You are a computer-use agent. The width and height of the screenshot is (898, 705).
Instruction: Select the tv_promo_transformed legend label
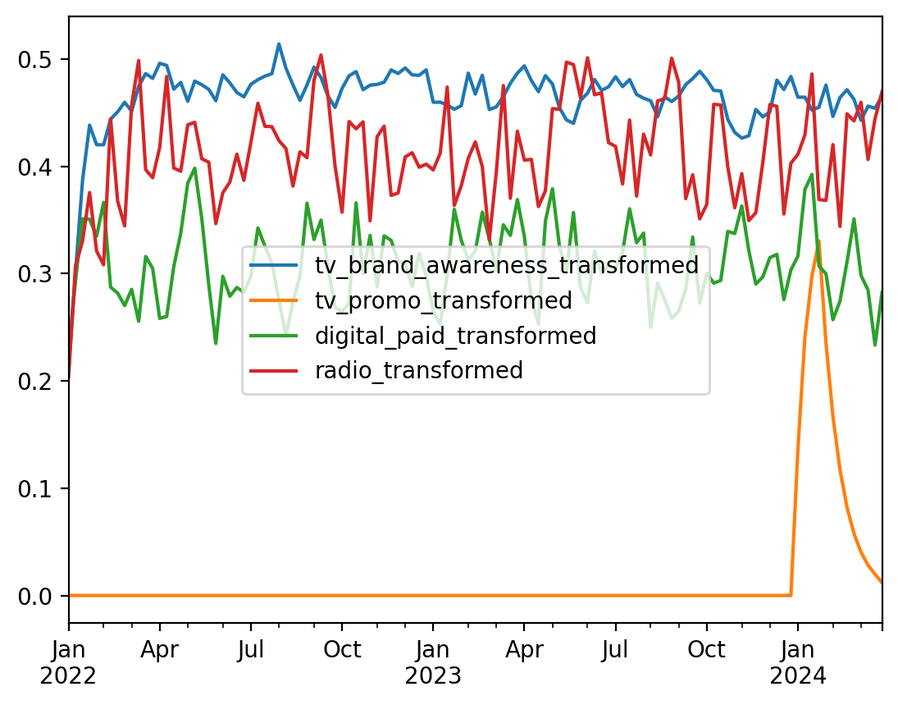444,300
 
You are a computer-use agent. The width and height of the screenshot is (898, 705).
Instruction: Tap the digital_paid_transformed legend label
456,336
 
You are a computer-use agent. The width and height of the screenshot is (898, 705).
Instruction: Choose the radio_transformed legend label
419,371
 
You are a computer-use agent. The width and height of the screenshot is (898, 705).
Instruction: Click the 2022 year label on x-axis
69,676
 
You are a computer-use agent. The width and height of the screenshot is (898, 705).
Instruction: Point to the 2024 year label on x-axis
797,676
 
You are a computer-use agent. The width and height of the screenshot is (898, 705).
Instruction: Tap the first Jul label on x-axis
251,650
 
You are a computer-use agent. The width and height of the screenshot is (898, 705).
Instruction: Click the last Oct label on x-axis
706,650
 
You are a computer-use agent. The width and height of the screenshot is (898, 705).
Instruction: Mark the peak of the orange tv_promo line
818,240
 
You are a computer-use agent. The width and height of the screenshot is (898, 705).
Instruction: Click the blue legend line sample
277,265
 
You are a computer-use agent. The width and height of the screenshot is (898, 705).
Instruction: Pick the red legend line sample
277,371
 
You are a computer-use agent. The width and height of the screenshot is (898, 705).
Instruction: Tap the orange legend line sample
277,300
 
